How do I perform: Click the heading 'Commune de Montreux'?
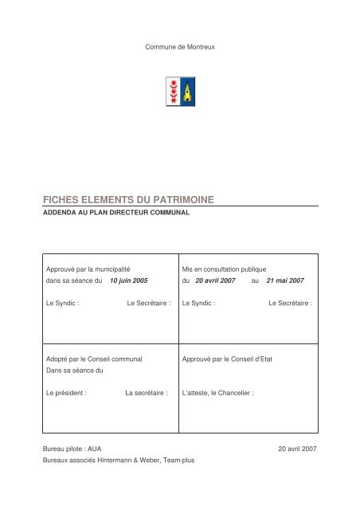point(180,49)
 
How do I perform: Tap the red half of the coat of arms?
point(171,92)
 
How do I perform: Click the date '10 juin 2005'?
point(129,281)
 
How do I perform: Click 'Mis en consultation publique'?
point(229,269)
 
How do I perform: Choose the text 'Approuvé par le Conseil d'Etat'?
point(227,359)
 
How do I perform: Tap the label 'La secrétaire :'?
point(147,393)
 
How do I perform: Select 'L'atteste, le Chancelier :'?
point(217,393)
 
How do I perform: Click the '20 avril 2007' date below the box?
point(295,449)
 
